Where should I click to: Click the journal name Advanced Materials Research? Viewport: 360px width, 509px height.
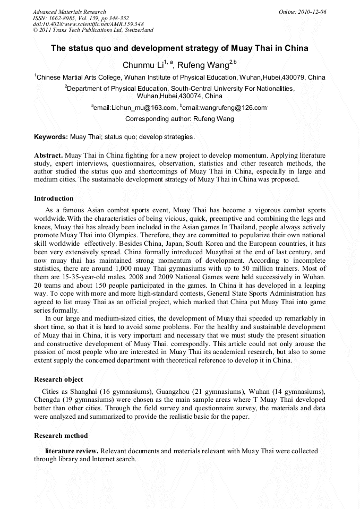pyautogui.click(x=69, y=12)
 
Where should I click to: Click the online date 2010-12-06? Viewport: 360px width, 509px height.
pyautogui.click(x=312, y=12)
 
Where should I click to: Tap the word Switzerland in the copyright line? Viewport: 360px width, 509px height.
pyautogui.click(x=136, y=30)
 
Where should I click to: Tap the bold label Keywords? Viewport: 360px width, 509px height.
pyautogui.click(x=51, y=137)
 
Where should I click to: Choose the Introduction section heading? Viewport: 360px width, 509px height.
pyautogui.click(x=54, y=199)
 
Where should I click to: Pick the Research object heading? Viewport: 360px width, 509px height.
pyautogui.click(x=58, y=379)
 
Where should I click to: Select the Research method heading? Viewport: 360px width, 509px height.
pyautogui.click(x=61, y=436)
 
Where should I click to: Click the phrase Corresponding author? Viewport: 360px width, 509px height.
pyautogui.click(x=151, y=119)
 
